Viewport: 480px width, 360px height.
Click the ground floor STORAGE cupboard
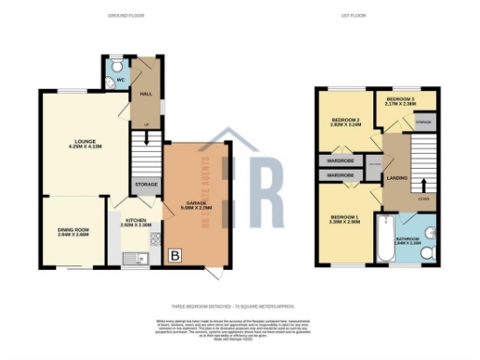coord(145,185)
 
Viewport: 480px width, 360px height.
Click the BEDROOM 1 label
coord(346,221)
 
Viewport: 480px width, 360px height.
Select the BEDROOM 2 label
coord(345,121)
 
